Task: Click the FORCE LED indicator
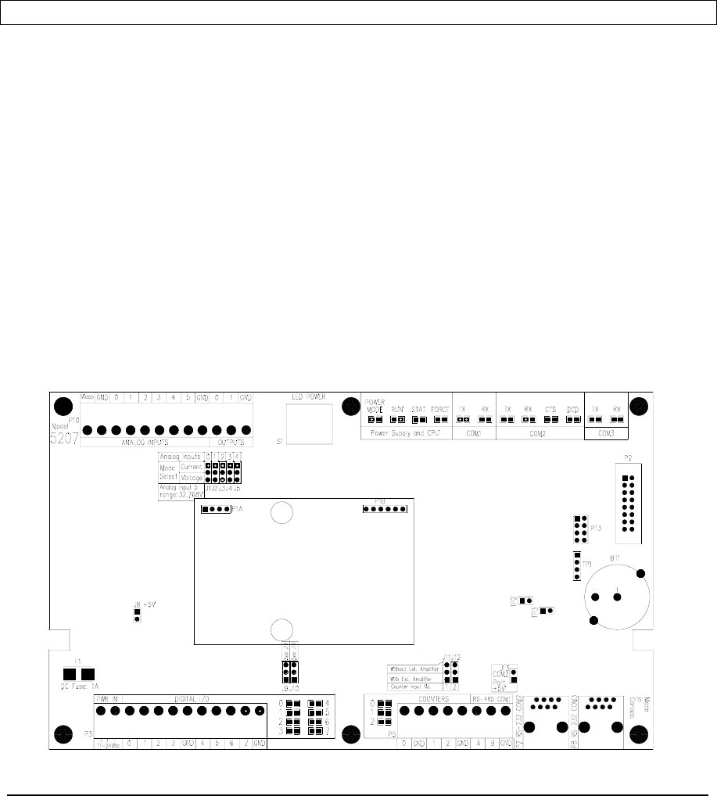(x=439, y=419)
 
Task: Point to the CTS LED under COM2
(x=550, y=419)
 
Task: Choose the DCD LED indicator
(x=572, y=419)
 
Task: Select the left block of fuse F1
(x=69, y=674)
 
